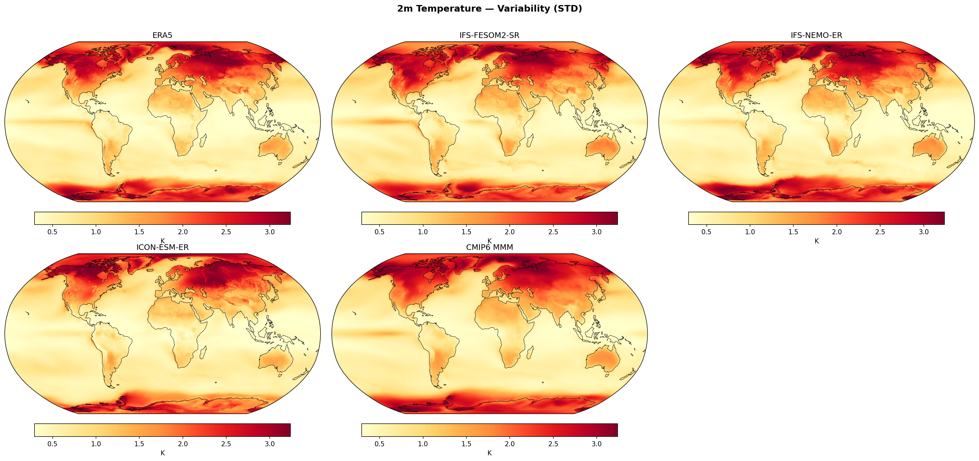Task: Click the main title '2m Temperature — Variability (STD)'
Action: click(489, 9)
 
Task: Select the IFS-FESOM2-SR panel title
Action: click(489, 35)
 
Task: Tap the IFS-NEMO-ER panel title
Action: click(816, 35)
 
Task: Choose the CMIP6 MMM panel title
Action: click(489, 247)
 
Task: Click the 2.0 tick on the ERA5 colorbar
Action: click(183, 232)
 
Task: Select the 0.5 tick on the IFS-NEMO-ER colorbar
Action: click(706, 232)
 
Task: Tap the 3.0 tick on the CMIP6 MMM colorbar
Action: click(597, 444)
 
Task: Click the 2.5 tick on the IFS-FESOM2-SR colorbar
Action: click(553, 232)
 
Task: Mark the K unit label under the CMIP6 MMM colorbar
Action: click(489, 453)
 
